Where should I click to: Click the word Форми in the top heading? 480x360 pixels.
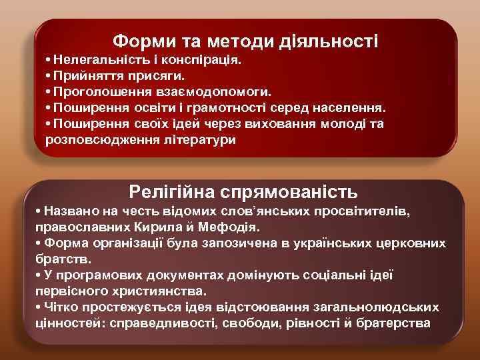139,41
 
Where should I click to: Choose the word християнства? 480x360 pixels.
160,291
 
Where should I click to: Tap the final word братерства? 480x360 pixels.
395,323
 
